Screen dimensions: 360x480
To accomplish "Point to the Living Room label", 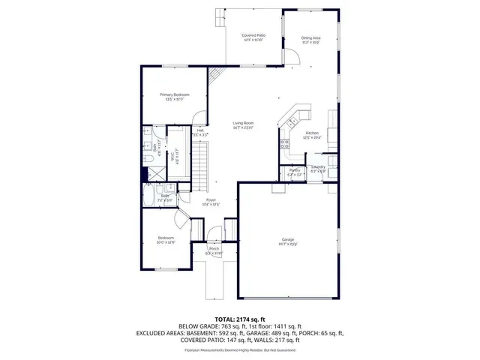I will pyautogui.click(x=243, y=124).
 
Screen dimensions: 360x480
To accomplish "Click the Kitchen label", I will pyautogui.click(x=312, y=134).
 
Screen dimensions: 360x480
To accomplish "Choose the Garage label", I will pyautogui.click(x=288, y=240).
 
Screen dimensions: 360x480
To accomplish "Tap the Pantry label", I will pyautogui.click(x=295, y=171).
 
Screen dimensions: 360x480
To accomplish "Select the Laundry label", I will pyautogui.click(x=318, y=168).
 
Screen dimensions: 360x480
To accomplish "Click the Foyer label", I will pyautogui.click(x=211, y=201).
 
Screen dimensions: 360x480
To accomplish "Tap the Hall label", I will pyautogui.click(x=200, y=131).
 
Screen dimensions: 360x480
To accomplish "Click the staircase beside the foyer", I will pyautogui.click(x=200, y=161).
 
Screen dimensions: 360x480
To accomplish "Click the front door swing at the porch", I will pyautogui.click(x=213, y=239).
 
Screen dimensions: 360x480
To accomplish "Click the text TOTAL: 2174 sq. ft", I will pyautogui.click(x=239, y=319).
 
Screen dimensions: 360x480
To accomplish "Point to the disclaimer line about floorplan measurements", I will pyautogui.click(x=239, y=349).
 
